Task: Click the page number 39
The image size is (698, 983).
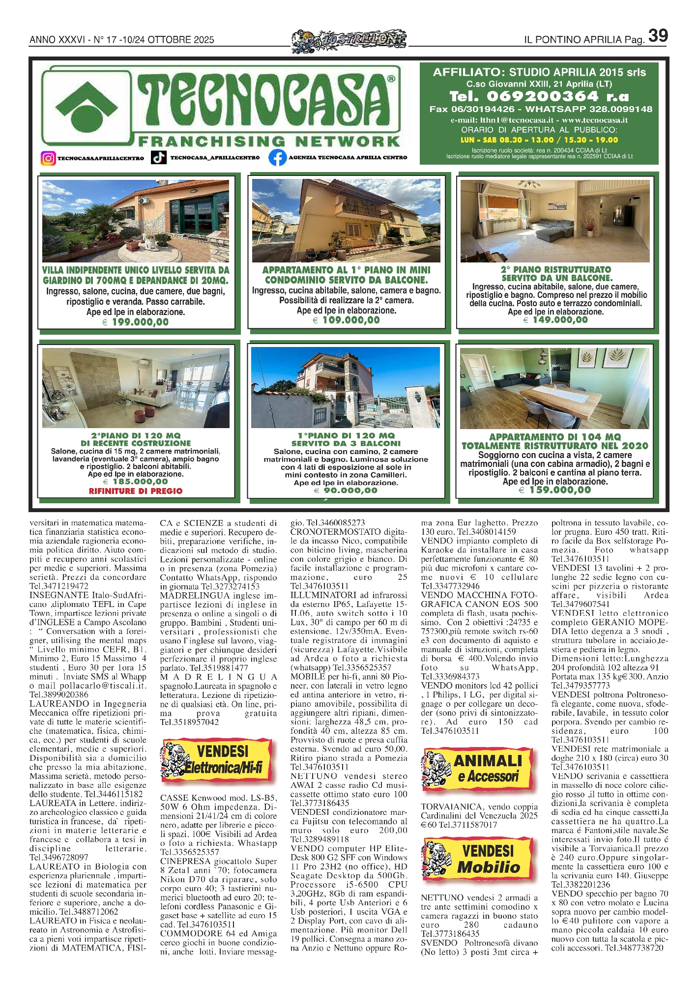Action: tap(658, 35)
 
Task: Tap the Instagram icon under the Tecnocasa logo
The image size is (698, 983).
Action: tap(48, 158)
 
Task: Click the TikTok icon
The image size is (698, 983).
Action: tap(158, 158)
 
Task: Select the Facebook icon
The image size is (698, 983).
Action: tap(277, 158)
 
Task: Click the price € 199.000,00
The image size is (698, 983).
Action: tap(136, 322)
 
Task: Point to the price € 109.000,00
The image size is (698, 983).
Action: tap(347, 320)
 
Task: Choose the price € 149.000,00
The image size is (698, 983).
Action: tap(556, 320)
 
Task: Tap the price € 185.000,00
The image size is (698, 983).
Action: tap(136, 482)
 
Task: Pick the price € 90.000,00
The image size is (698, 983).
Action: tap(347, 491)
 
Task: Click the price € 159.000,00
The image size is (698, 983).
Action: tap(555, 490)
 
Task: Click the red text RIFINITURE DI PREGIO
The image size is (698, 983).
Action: tap(136, 491)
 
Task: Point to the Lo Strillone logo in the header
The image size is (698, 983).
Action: tap(349, 39)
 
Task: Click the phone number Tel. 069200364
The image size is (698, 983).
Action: tap(539, 96)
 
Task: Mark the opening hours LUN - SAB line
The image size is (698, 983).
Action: tap(539, 140)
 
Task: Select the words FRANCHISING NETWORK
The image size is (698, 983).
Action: tap(269, 142)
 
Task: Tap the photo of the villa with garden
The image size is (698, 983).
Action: tap(136, 221)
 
